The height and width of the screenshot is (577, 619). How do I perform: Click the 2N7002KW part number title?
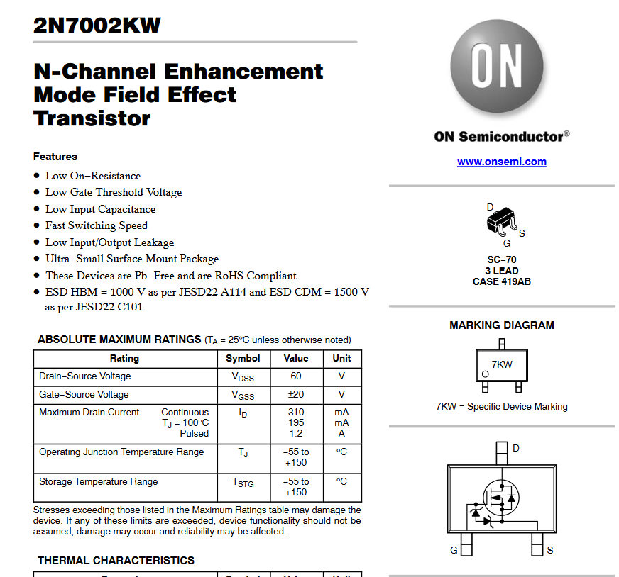(x=97, y=26)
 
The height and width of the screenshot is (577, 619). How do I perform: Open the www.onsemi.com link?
(x=501, y=162)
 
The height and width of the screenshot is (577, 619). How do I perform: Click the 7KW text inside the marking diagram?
(x=502, y=364)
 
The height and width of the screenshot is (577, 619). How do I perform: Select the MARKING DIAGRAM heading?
(x=502, y=325)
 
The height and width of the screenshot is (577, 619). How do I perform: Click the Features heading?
(x=55, y=157)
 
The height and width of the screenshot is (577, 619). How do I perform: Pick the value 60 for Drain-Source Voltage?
(x=296, y=376)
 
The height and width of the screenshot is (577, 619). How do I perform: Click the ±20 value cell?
(x=296, y=395)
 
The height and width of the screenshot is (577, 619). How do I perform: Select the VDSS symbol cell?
(x=243, y=377)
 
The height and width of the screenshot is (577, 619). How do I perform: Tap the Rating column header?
(x=124, y=359)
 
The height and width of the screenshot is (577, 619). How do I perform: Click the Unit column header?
(x=341, y=359)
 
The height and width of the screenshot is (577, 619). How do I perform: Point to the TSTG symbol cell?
(x=243, y=483)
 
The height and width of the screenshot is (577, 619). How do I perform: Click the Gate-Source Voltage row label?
(x=84, y=395)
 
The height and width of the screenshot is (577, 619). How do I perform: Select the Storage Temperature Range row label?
(x=99, y=482)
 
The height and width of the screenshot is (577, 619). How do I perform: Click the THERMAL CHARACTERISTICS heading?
(x=116, y=561)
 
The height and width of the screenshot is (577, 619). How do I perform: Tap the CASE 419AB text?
(x=501, y=281)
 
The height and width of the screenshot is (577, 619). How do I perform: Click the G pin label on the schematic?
(x=454, y=550)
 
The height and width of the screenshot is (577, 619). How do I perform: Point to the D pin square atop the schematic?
(x=502, y=449)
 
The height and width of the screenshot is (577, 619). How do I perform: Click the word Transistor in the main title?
(x=92, y=118)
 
